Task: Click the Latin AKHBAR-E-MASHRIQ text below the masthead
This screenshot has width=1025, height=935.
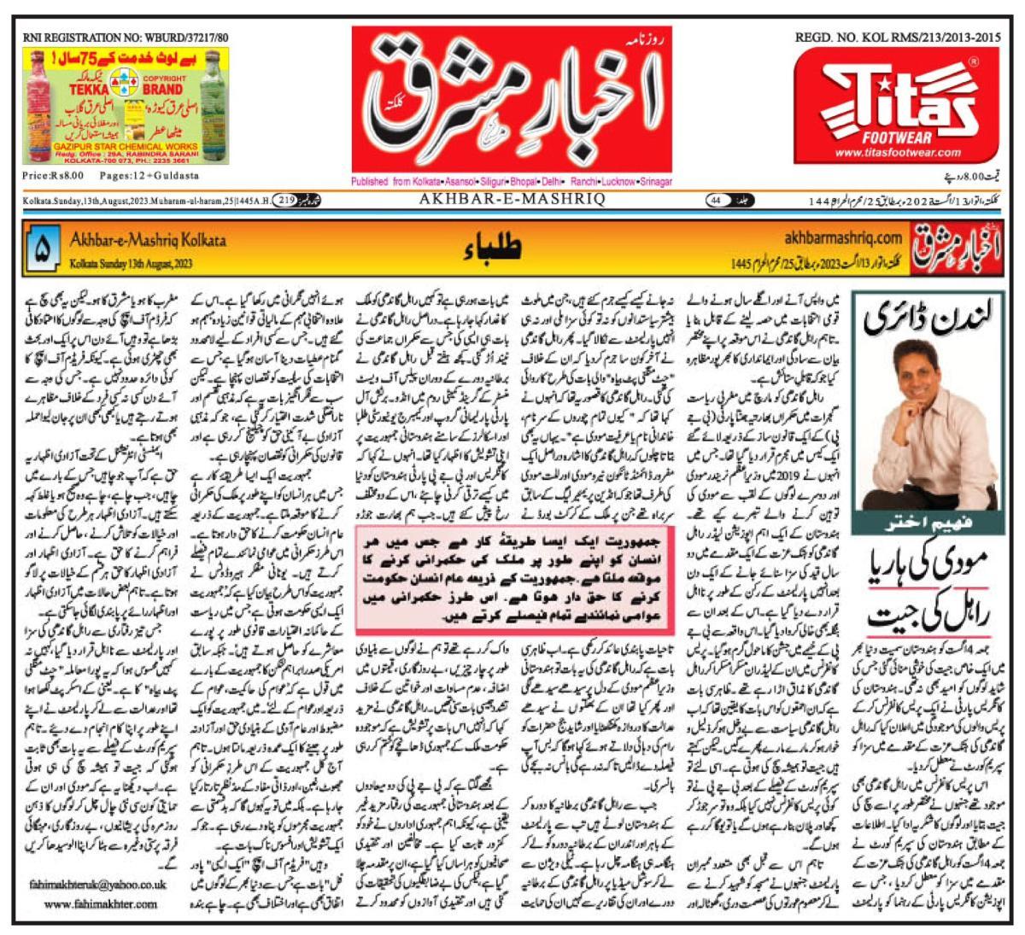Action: (512, 199)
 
